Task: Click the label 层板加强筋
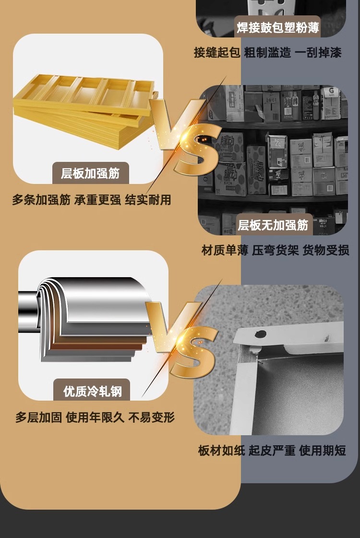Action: click(90, 173)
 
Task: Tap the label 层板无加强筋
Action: click(273, 225)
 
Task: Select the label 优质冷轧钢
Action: click(92, 391)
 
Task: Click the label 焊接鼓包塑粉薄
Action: click(278, 27)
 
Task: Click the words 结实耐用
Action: click(148, 200)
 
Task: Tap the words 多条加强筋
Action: click(41, 200)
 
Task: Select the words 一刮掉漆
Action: click(318, 52)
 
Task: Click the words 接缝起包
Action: click(217, 52)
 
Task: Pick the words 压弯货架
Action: click(276, 250)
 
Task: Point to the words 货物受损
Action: click(326, 250)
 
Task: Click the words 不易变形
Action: click(152, 417)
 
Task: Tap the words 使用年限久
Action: click(95, 417)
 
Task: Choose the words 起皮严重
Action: click(272, 450)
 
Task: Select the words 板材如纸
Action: click(221, 450)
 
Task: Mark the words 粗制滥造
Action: click(267, 52)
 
